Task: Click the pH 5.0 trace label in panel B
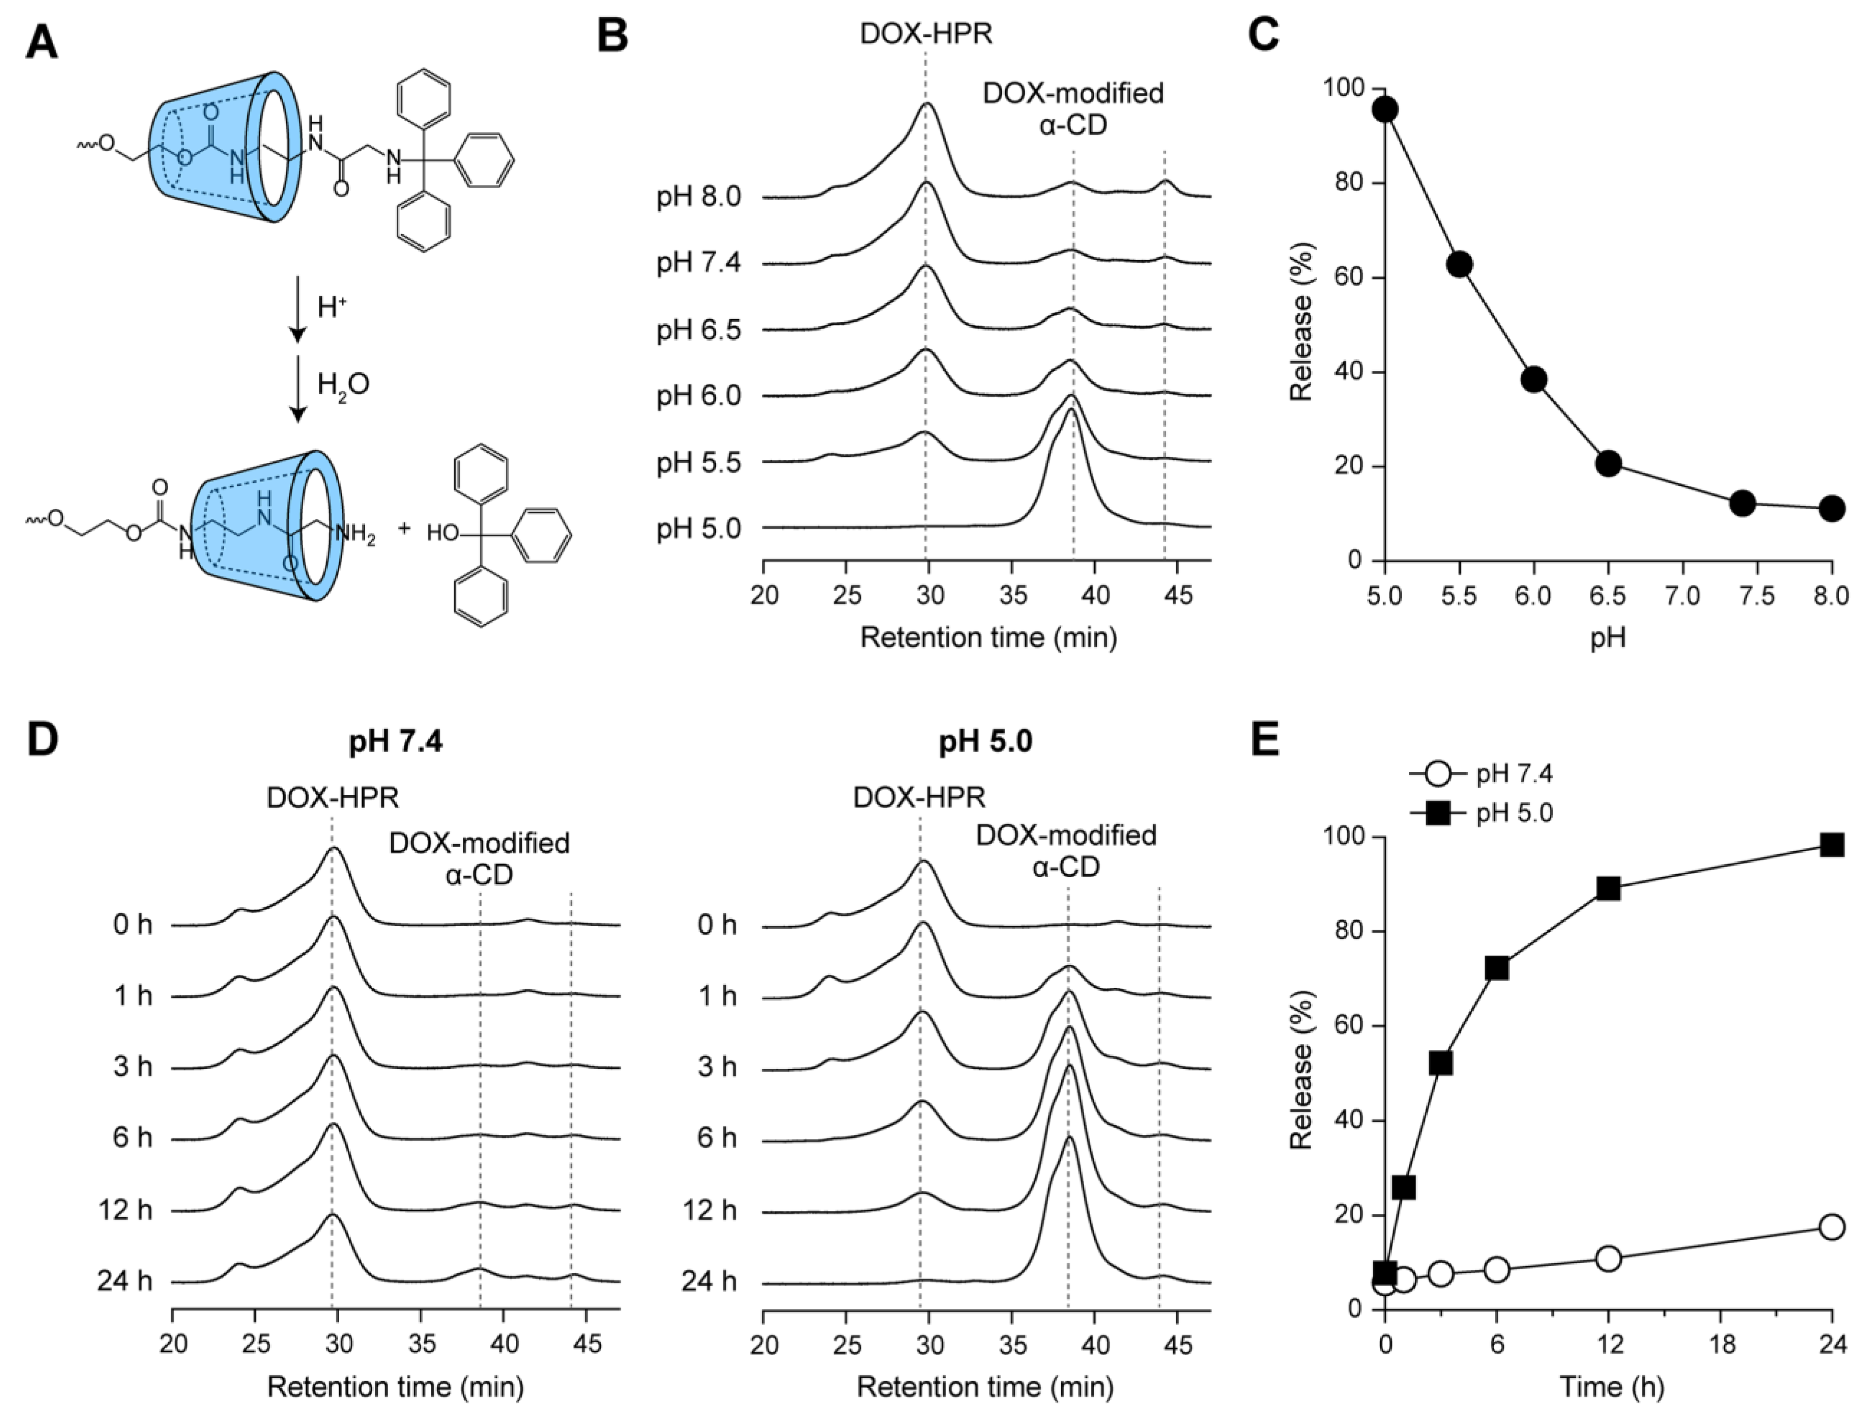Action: (x=699, y=529)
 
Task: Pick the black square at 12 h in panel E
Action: (x=1608, y=889)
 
